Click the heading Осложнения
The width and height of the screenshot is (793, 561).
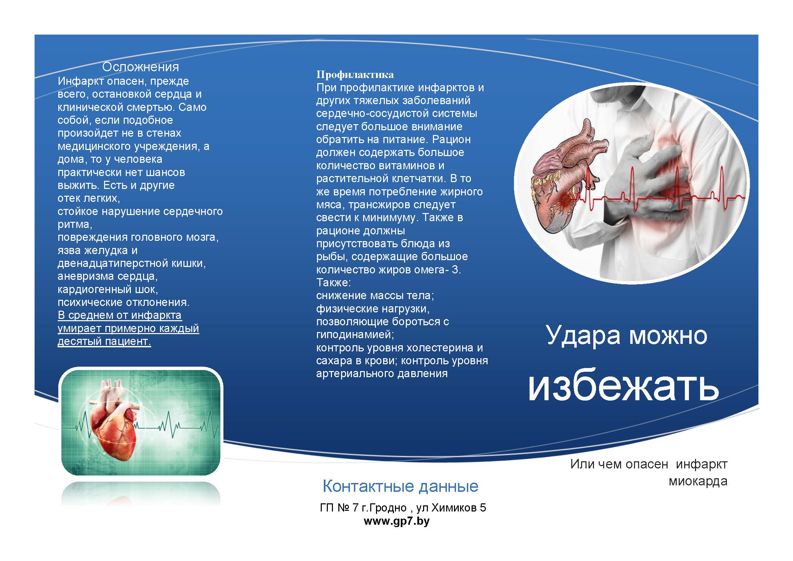pos(141,67)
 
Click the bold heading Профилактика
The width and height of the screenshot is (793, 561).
pos(355,75)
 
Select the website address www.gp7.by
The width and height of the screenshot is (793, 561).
pos(397,521)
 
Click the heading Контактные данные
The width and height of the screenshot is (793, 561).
pos(400,486)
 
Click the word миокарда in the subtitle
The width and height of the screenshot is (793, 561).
pos(698,481)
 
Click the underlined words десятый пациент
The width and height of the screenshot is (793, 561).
pos(104,342)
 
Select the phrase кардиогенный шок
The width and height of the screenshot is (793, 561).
pos(108,289)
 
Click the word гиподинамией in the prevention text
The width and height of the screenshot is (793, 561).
pos(355,335)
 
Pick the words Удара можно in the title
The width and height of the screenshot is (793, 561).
pos(627,335)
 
